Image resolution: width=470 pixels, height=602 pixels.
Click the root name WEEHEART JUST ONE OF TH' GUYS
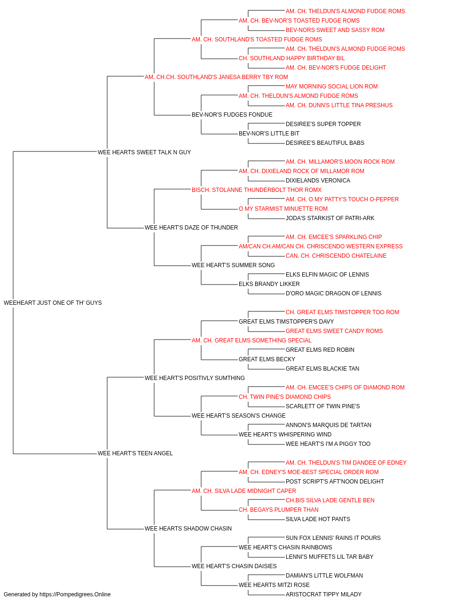click(53, 303)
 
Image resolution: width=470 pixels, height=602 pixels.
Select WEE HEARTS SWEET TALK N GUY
click(144, 152)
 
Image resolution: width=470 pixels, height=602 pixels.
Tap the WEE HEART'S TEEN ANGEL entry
click(135, 453)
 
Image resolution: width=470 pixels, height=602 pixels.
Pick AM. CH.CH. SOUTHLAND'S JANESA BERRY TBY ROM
click(216, 77)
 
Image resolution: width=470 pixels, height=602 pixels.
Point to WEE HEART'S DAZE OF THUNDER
click(191, 228)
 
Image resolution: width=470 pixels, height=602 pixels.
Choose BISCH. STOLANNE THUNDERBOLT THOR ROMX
click(257, 190)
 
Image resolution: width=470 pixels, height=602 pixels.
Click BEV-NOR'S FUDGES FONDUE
click(232, 115)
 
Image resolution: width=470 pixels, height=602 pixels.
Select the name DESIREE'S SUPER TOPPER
click(323, 124)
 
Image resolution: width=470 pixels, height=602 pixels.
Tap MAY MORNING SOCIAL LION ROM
click(332, 87)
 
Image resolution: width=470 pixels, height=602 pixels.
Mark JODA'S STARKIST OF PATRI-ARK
click(330, 218)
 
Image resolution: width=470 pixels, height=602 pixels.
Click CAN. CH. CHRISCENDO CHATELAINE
click(336, 256)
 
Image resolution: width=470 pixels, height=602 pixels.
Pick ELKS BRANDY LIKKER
click(269, 284)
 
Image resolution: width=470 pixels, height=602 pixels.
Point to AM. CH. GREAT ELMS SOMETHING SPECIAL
click(251, 341)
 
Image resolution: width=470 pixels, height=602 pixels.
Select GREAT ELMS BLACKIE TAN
click(322, 369)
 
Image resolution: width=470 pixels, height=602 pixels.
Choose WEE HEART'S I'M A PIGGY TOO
click(328, 444)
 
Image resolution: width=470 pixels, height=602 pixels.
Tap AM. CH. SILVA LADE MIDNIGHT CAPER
click(244, 491)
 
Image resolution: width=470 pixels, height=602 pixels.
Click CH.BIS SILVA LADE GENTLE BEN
click(330, 500)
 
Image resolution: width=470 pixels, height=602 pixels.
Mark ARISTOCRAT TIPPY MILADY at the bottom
click(323, 594)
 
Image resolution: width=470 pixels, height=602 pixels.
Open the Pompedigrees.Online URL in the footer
click(75, 594)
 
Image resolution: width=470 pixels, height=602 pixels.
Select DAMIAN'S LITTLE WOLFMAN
click(324, 575)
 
